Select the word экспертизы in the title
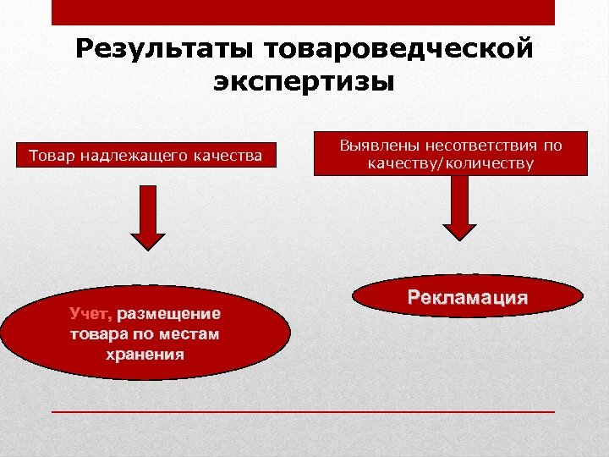(304, 82)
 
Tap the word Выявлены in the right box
(378, 145)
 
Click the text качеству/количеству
(450, 162)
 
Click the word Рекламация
(468, 298)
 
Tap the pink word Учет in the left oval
(90, 314)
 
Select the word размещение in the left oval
(169, 314)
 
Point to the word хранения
(145, 353)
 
